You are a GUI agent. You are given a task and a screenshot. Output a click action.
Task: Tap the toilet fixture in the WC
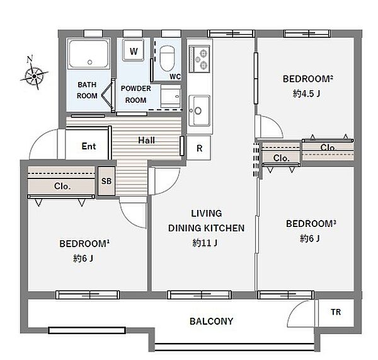[167, 59]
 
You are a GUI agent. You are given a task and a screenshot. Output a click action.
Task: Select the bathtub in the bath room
[89, 54]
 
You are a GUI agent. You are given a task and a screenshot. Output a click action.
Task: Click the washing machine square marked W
[134, 50]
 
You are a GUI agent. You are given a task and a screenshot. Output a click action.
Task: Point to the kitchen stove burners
[199, 59]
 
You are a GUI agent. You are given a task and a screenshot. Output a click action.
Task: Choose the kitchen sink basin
[199, 110]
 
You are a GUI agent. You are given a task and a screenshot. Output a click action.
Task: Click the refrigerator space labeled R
[199, 148]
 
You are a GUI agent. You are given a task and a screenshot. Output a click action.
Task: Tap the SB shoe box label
[106, 181]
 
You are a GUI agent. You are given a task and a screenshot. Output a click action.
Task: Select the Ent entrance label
[89, 146]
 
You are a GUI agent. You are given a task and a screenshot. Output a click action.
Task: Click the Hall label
[146, 140]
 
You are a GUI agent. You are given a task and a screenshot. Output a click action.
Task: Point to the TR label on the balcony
[336, 312]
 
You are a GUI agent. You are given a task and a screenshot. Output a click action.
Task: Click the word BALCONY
[212, 321]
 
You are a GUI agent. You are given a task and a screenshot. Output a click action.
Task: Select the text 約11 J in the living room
[205, 243]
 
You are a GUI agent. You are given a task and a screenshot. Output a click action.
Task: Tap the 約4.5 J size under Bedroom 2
[306, 93]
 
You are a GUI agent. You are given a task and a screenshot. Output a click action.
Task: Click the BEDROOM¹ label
[84, 244]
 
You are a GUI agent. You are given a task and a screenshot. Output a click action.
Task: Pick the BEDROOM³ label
[311, 224]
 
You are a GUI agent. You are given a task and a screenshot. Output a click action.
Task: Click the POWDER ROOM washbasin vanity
[171, 96]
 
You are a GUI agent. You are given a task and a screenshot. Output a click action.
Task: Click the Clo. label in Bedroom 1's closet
[62, 186]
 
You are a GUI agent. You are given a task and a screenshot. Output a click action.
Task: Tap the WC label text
[175, 76]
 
